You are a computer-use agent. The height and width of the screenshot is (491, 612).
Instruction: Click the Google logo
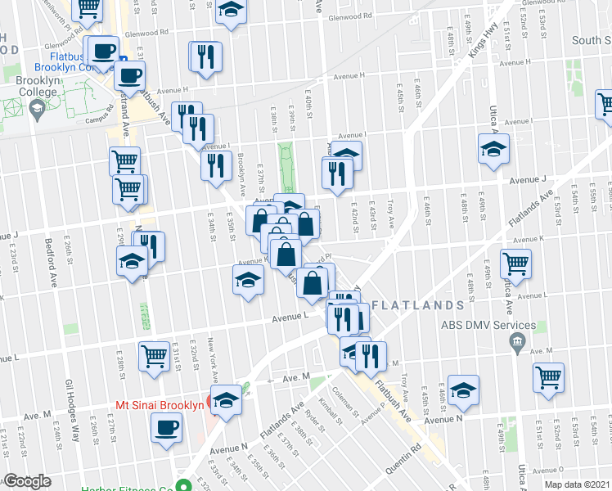(x=27, y=481)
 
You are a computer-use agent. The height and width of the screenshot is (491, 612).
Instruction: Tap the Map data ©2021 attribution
(x=576, y=484)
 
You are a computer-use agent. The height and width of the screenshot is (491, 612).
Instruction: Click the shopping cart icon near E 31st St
(x=154, y=356)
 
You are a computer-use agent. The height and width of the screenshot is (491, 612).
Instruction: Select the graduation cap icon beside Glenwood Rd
(x=231, y=11)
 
